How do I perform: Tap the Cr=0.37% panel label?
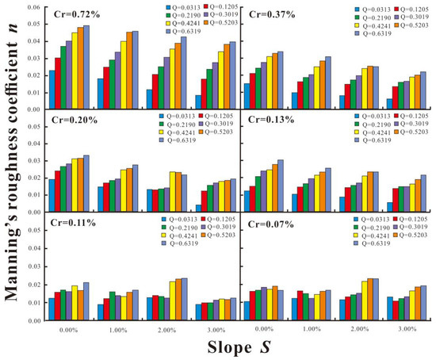click(x=266, y=15)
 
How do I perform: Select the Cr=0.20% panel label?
click(x=70, y=121)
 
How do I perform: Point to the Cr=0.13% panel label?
click(x=266, y=121)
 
